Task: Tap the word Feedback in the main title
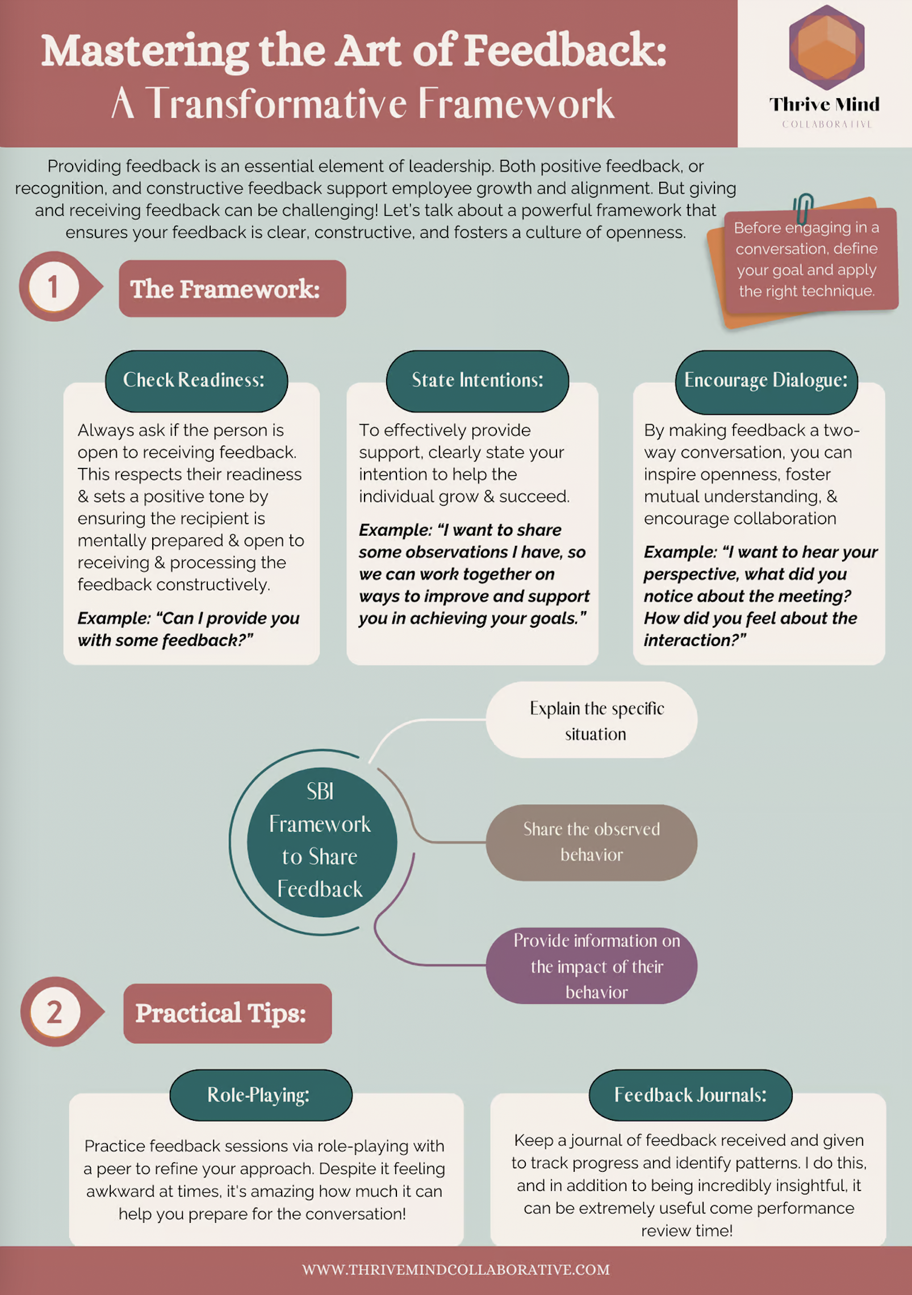pos(565,51)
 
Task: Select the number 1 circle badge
pos(53,286)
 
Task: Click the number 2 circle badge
pos(55,1012)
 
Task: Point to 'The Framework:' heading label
pos(232,289)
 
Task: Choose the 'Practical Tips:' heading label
pos(227,1013)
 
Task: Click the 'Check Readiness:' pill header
pos(196,381)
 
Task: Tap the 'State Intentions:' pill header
pos(477,381)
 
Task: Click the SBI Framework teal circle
pos(321,841)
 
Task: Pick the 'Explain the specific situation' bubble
pos(591,720)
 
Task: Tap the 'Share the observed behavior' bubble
pos(591,842)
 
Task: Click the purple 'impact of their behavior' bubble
pos(591,966)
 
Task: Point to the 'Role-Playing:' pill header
pos(261,1095)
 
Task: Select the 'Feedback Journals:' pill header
pos(690,1095)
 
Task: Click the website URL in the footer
pos(455,1269)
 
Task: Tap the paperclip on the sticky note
pos(803,208)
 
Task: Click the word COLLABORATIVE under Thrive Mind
pos(826,124)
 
